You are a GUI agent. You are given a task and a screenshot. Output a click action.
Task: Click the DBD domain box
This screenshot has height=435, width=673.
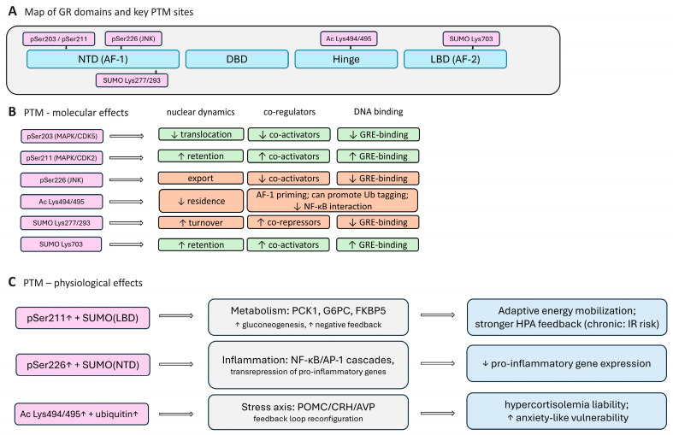click(x=237, y=59)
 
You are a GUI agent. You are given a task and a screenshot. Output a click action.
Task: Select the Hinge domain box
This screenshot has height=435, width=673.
click(x=346, y=59)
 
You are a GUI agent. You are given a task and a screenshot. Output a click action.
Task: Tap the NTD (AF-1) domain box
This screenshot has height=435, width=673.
click(x=103, y=59)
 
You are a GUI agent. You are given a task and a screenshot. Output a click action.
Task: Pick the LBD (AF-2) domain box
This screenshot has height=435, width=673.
click(x=455, y=59)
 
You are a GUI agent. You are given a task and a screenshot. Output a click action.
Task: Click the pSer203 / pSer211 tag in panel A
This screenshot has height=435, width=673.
click(x=59, y=38)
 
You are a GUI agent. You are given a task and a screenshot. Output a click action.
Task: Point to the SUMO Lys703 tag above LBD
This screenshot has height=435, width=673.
click(x=471, y=38)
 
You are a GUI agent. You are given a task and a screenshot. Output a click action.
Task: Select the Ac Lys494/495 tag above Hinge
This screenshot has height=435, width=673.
click(x=349, y=38)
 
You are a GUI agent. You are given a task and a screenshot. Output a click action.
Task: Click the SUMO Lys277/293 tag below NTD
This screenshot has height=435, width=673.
click(x=132, y=80)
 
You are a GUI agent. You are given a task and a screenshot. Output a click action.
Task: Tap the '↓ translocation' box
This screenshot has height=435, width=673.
click(x=201, y=134)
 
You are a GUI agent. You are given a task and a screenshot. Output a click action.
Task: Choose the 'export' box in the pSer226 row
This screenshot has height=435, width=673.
click(x=201, y=178)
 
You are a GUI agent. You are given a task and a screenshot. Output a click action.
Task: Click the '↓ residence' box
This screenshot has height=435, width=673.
click(x=201, y=201)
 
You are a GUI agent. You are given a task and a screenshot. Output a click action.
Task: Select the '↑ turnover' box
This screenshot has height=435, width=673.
click(x=201, y=222)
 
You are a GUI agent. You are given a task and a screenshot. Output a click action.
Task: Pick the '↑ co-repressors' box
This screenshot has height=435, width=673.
click(x=289, y=222)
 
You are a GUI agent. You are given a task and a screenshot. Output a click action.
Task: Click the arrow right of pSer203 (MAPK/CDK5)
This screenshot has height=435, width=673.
click(x=127, y=137)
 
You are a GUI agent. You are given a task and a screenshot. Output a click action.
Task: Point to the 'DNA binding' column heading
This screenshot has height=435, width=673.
click(x=379, y=112)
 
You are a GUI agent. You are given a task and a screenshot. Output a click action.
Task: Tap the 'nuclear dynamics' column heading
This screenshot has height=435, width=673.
click(x=200, y=113)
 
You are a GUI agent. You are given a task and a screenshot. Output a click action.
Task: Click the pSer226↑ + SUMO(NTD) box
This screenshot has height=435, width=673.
click(x=83, y=365)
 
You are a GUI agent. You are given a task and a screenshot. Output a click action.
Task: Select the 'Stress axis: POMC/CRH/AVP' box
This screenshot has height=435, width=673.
click(x=308, y=412)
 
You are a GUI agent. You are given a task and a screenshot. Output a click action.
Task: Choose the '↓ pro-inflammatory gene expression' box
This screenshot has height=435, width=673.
click(x=567, y=363)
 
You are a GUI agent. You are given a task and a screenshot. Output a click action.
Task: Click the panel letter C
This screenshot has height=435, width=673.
click(x=12, y=282)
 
